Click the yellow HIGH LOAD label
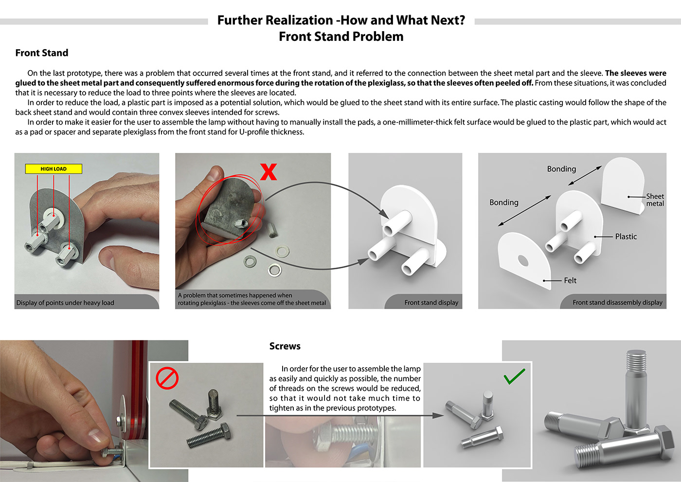pos(54,169)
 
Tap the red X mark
pos(269,172)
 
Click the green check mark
pos(515,376)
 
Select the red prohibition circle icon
pos(167,378)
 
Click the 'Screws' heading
pos(285,346)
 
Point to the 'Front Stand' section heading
pos(42,53)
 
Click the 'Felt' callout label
pos(570,280)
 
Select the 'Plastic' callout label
pos(626,237)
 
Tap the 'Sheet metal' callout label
pos(655,200)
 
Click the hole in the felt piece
pos(522,260)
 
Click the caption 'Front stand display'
pos(431,302)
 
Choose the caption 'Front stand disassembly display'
pos(617,302)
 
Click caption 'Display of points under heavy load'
pos(65,303)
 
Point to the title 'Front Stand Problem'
pos(341,37)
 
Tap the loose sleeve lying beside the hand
pos(272,230)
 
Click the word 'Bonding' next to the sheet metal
pos(561,169)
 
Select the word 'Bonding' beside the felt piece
pos(504,203)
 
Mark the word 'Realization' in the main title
pos(299,20)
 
